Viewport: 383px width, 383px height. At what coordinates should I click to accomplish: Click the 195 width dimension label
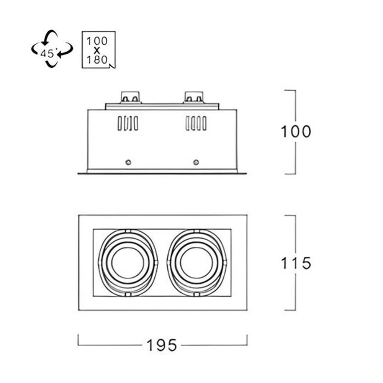162,345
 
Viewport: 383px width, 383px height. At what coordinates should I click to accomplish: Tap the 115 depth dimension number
296,264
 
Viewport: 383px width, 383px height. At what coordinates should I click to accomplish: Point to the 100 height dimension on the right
296,132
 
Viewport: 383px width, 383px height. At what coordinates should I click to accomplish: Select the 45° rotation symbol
52,49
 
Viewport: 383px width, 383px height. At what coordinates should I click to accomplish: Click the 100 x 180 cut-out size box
98,49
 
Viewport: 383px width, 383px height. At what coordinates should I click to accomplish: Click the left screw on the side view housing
128,162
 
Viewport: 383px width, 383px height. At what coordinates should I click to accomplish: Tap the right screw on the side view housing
196,162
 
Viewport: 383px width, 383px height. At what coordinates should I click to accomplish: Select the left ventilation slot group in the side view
128,123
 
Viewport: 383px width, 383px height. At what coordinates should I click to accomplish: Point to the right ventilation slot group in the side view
196,123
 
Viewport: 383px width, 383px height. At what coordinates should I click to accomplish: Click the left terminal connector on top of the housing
131,97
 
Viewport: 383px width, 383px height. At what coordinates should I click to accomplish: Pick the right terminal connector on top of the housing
194,97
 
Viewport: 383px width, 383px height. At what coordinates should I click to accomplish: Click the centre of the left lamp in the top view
128,262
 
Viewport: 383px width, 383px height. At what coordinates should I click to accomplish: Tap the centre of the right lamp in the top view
196,262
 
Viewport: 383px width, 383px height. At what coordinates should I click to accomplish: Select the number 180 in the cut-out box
97,60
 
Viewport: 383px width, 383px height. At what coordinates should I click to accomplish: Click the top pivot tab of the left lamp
128,231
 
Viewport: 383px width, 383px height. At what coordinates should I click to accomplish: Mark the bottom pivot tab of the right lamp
196,295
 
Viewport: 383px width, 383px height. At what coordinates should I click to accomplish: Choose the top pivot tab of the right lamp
196,231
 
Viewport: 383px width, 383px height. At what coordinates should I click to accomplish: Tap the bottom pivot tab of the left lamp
128,295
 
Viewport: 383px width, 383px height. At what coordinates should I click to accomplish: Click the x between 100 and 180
97,51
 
